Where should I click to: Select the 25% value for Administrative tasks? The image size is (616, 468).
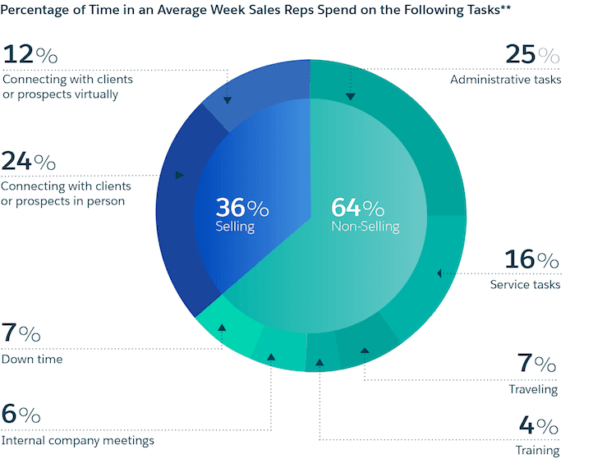pyautogui.click(x=532, y=56)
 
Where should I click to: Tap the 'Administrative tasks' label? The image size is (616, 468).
pyautogui.click(x=505, y=80)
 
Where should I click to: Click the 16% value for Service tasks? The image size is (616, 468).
pyautogui.click(x=532, y=260)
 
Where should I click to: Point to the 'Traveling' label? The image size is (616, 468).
pyautogui.click(x=533, y=389)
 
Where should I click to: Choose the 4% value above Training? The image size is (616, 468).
pyautogui.click(x=539, y=427)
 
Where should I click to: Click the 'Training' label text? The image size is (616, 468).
pyautogui.click(x=537, y=450)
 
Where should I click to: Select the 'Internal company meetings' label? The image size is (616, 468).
pyautogui.click(x=78, y=441)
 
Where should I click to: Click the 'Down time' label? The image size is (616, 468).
pyautogui.click(x=32, y=359)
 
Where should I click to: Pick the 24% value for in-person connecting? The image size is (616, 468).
pyautogui.click(x=29, y=161)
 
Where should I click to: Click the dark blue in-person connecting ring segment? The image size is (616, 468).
pyautogui.click(x=177, y=205)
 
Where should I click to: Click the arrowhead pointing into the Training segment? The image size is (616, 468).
pyautogui.click(x=319, y=360)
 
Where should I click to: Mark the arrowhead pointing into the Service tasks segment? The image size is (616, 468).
pyautogui.click(x=439, y=273)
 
